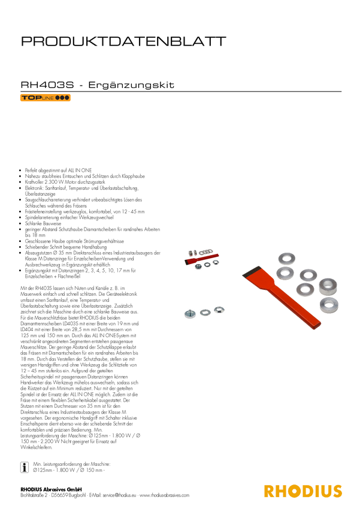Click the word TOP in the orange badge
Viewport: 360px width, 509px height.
pos(32,98)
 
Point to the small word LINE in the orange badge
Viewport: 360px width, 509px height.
pos(47,98)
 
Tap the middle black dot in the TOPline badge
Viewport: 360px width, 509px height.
pos(62,98)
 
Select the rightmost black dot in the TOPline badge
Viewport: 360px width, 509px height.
pos(67,98)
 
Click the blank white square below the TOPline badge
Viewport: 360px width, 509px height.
pos(74,126)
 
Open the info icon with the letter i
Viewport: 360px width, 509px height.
pos(25,468)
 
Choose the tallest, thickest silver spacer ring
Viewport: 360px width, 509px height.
pos(328,285)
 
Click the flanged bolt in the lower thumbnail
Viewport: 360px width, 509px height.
pos(189,313)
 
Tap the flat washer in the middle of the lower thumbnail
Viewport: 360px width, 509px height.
pos(205,311)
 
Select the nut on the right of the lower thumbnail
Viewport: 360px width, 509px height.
pos(219,310)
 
